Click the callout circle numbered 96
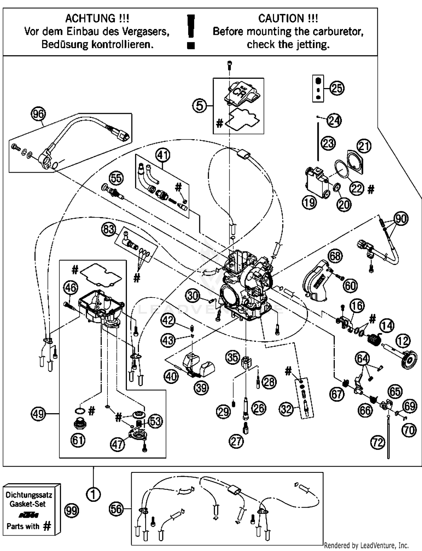tap(39, 114)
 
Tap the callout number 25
tap(337, 88)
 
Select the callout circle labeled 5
tap(199, 106)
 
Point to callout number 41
tap(163, 155)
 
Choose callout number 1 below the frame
tap(93, 494)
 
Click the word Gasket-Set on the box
tap(28, 504)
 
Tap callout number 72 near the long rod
tap(378, 443)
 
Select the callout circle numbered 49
tap(39, 414)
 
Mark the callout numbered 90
tap(401, 219)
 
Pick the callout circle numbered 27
tap(236, 441)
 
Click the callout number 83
tap(109, 229)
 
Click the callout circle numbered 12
tap(403, 341)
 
